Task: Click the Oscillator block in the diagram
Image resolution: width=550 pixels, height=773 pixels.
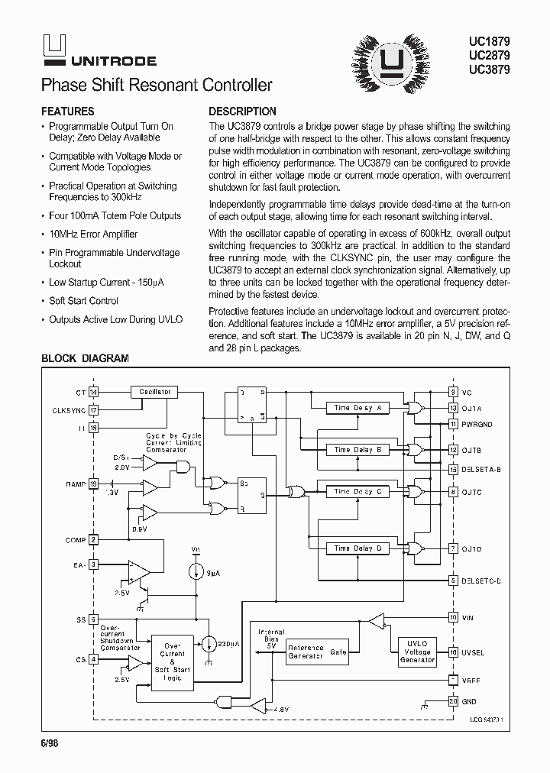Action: (x=154, y=391)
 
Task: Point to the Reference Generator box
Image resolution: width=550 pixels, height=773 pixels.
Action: (x=306, y=652)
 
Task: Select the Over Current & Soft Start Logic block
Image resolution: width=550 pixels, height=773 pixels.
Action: (x=173, y=661)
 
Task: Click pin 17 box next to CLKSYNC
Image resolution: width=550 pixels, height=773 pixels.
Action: (x=94, y=409)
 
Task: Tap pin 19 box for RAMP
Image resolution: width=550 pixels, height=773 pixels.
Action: (x=94, y=484)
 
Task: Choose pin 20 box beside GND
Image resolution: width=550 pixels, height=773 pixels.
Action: (x=453, y=701)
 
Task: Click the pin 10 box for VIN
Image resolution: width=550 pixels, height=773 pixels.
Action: (x=453, y=616)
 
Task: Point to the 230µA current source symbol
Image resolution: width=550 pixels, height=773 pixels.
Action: (x=208, y=644)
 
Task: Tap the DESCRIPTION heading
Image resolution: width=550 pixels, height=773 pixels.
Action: (x=242, y=111)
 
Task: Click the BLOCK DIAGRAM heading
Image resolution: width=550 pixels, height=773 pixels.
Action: (x=85, y=357)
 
